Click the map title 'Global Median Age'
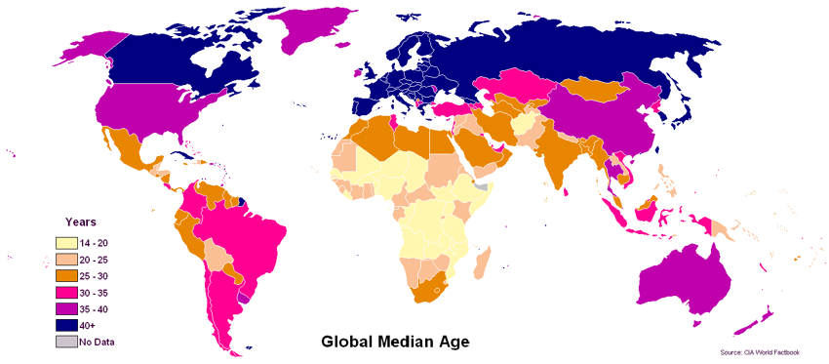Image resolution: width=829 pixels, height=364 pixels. pyautogui.click(x=395, y=343)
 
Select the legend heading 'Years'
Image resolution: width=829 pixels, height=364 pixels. pyautogui.click(x=80, y=222)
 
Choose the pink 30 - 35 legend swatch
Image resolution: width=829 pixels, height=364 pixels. pyautogui.click(x=65, y=292)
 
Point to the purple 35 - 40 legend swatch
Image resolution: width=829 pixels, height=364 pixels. pyautogui.click(x=65, y=308)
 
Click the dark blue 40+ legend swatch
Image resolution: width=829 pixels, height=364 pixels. pyautogui.click(x=65, y=325)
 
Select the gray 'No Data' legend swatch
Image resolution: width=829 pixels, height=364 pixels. pyautogui.click(x=65, y=342)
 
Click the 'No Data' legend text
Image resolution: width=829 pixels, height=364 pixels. pyautogui.click(x=98, y=342)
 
